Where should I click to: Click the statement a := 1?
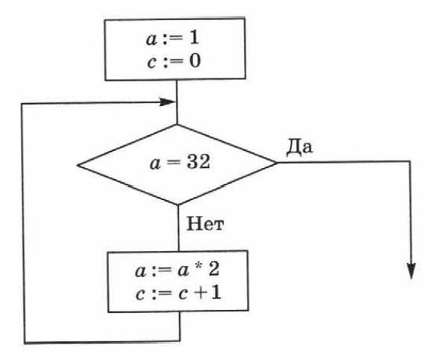tap(172, 38)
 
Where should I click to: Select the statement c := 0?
tap(174, 61)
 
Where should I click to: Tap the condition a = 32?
tap(180, 162)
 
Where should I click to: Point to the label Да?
tap(299, 146)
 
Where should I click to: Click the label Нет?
tap(205, 224)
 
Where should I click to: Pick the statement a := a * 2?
tap(177, 270)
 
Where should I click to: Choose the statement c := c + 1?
tap(178, 294)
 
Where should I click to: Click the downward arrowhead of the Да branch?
tap(411, 271)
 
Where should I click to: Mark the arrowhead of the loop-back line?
tap(167, 102)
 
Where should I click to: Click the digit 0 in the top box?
tap(195, 61)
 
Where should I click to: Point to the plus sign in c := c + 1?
tap(200, 294)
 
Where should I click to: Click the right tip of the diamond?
tap(277, 163)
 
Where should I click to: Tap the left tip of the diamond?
tap(78, 166)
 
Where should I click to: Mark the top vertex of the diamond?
tap(177, 125)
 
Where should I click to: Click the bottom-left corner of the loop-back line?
tap(25, 343)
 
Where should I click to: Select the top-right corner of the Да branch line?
tap(410, 161)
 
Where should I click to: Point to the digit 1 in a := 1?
tap(194, 38)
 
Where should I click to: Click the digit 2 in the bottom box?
tap(213, 270)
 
